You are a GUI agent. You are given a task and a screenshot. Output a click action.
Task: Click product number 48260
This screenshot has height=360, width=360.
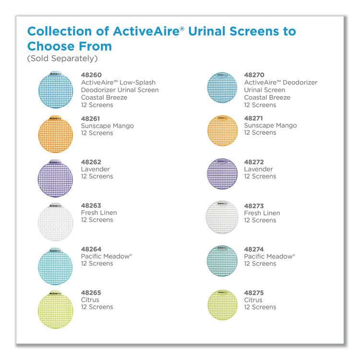91,75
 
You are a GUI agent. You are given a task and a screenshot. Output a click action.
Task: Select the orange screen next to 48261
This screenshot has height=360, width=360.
55,135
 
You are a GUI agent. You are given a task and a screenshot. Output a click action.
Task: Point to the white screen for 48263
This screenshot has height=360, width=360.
55,222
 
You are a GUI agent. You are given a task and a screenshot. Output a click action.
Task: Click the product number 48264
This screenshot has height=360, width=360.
91,249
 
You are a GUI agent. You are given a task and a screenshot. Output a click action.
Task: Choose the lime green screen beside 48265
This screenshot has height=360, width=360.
55,310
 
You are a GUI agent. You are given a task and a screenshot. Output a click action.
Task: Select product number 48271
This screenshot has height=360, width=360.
254,118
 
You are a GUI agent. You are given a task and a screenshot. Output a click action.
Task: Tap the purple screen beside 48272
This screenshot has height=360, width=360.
222,174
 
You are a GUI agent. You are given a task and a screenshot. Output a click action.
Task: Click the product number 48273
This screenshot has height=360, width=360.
254,205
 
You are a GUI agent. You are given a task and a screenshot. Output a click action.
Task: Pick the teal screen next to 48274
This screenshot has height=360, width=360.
222,262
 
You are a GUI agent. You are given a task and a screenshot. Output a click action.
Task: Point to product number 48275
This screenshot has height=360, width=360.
254,293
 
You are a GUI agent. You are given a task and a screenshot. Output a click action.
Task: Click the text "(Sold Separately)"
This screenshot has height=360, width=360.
62,59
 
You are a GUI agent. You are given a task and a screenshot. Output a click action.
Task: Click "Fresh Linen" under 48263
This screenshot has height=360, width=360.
99,213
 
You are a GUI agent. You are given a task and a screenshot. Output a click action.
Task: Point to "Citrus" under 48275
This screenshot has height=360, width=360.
253,300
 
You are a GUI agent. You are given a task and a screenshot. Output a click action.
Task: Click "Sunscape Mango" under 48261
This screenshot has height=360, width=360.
107,126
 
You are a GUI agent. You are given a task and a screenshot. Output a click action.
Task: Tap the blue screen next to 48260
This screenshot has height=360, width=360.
55,91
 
